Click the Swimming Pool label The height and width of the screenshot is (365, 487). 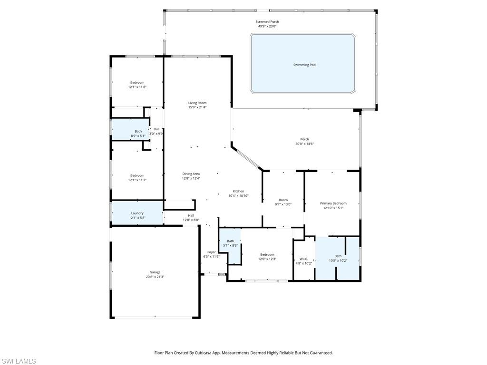click(x=304, y=65)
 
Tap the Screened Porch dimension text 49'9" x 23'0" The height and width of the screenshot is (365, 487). click(x=267, y=27)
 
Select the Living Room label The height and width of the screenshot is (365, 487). click(x=197, y=103)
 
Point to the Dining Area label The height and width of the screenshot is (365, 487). click(x=191, y=174)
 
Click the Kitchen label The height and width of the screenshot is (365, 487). click(x=238, y=191)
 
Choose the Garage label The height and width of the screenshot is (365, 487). click(x=155, y=272)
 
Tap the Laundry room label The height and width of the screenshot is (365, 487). click(x=137, y=213)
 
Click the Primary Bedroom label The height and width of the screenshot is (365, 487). click(x=333, y=203)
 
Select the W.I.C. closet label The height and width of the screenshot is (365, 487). click(x=304, y=259)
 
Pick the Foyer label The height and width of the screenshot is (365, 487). click(x=211, y=252)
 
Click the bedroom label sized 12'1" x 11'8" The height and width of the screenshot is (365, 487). click(x=137, y=83)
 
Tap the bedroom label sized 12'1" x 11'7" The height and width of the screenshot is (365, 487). click(x=137, y=175)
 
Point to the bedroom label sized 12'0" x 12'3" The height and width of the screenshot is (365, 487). click(x=267, y=255)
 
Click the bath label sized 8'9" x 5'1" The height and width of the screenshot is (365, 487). click(x=138, y=131)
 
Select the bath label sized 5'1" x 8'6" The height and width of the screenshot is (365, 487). click(x=230, y=241)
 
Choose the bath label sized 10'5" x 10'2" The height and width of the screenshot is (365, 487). click(x=338, y=256)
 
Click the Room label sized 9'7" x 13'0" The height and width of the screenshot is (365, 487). click(x=283, y=200)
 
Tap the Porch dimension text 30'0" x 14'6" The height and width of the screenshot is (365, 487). click(x=304, y=144)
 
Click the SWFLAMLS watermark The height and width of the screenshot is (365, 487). click(x=19, y=361)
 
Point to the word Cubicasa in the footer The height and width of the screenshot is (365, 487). click(x=215, y=353)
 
